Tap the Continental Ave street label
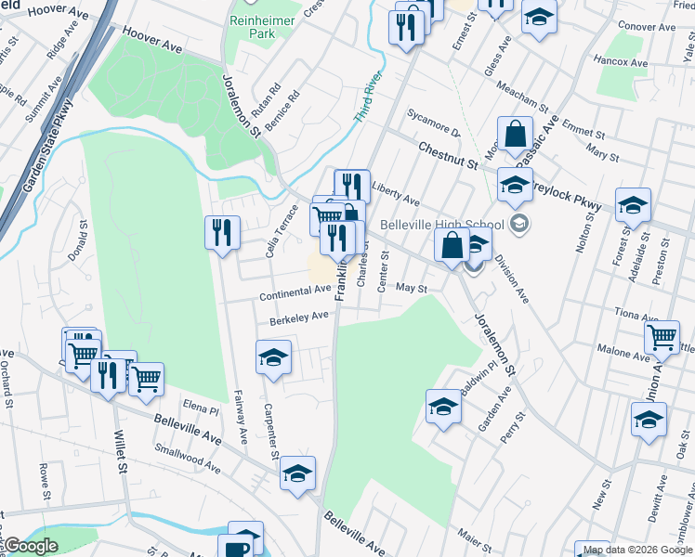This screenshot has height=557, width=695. (x=295, y=290)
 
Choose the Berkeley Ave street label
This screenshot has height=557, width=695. (x=299, y=317)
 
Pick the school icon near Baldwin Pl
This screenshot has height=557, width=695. (x=443, y=406)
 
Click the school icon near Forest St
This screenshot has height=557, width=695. (x=633, y=203)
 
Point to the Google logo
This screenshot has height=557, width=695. (x=30, y=546)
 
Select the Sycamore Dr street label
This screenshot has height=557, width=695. (x=433, y=123)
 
